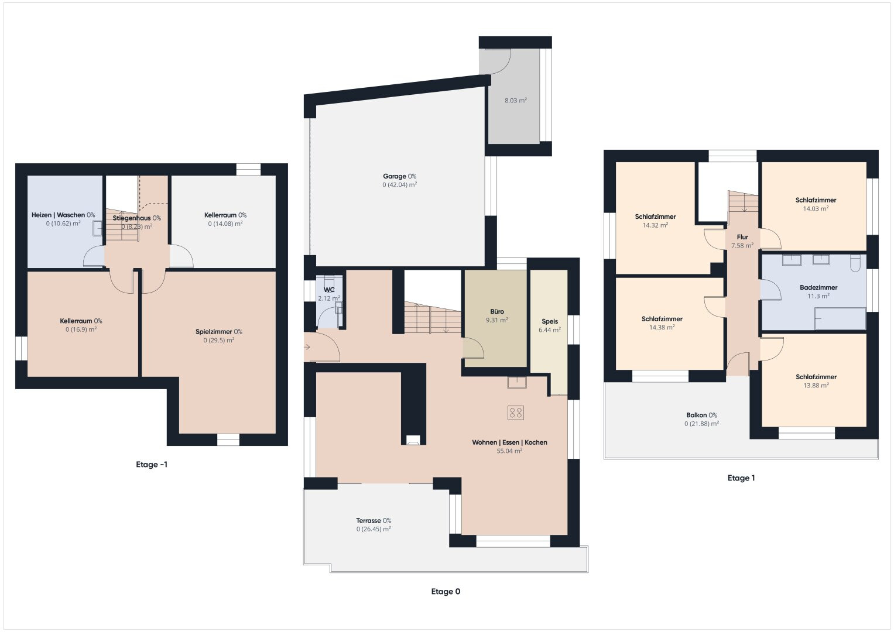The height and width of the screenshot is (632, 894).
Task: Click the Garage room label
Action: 395,176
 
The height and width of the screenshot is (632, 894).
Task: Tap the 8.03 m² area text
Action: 515,101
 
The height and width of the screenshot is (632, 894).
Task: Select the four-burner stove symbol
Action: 516,413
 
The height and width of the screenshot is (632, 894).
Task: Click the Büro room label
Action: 497,311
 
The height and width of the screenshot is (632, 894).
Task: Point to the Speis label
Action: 550,321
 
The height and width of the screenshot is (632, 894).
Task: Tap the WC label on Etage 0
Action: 329,290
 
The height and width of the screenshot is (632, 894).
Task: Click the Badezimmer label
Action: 818,287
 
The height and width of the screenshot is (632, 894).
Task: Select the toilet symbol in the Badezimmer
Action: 855,263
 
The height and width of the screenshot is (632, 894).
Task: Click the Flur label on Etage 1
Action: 742,237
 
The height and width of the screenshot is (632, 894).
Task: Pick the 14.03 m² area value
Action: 816,209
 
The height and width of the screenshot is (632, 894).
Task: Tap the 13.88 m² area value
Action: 816,386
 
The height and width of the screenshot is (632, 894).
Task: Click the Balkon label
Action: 697,415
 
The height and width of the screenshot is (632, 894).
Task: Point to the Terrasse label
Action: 368,520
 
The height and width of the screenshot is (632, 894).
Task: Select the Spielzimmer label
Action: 214,332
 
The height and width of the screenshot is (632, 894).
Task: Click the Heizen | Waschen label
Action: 59,215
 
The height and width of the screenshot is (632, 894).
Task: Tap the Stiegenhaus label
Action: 132,218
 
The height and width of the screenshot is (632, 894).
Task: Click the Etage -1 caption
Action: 152,465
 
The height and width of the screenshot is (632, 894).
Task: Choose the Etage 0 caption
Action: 446,591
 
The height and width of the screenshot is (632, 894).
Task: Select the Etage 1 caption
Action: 741,478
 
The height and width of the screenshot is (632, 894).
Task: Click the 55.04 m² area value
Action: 509,451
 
